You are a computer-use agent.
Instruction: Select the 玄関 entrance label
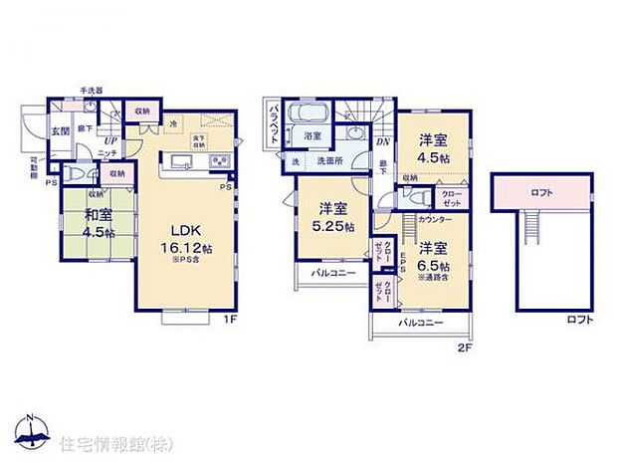click(61, 130)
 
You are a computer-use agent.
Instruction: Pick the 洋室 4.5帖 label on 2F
click(433, 147)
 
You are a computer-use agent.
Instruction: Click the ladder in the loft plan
click(528, 234)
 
